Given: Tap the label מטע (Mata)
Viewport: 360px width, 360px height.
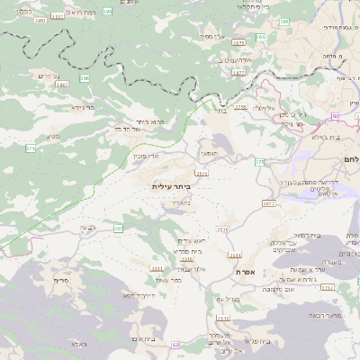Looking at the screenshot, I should [x=55, y=137].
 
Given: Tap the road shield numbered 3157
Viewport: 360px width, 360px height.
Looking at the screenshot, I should [x=327, y=287].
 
